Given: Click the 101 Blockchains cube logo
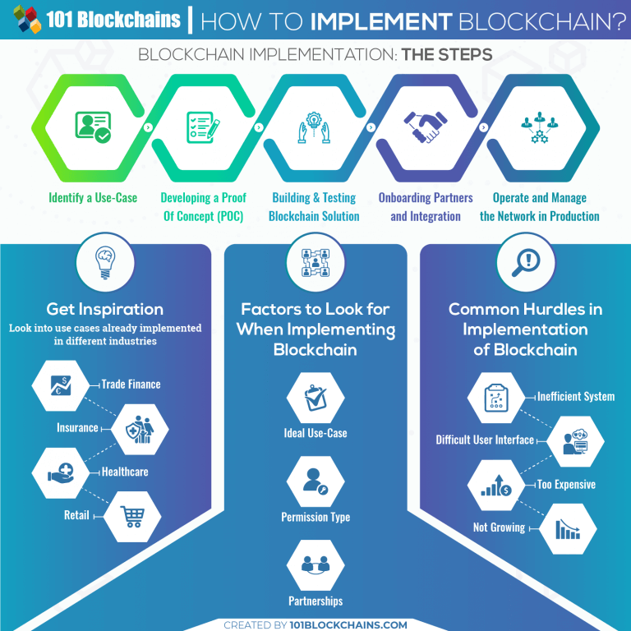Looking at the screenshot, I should coord(25,20).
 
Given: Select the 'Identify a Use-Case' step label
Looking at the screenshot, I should coord(93,198).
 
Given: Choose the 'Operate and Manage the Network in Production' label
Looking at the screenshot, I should coord(540,207).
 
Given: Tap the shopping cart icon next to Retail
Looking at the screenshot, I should coord(131,516).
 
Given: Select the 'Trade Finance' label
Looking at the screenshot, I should coord(131,384).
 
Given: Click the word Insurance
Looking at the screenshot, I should coord(77,428).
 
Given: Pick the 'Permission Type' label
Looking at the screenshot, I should coord(315,517).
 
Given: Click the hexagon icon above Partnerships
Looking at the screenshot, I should coord(315,566).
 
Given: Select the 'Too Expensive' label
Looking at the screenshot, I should coord(566,485).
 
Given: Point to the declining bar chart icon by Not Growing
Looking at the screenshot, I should coord(568,528).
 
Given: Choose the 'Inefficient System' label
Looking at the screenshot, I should coord(576,396).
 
